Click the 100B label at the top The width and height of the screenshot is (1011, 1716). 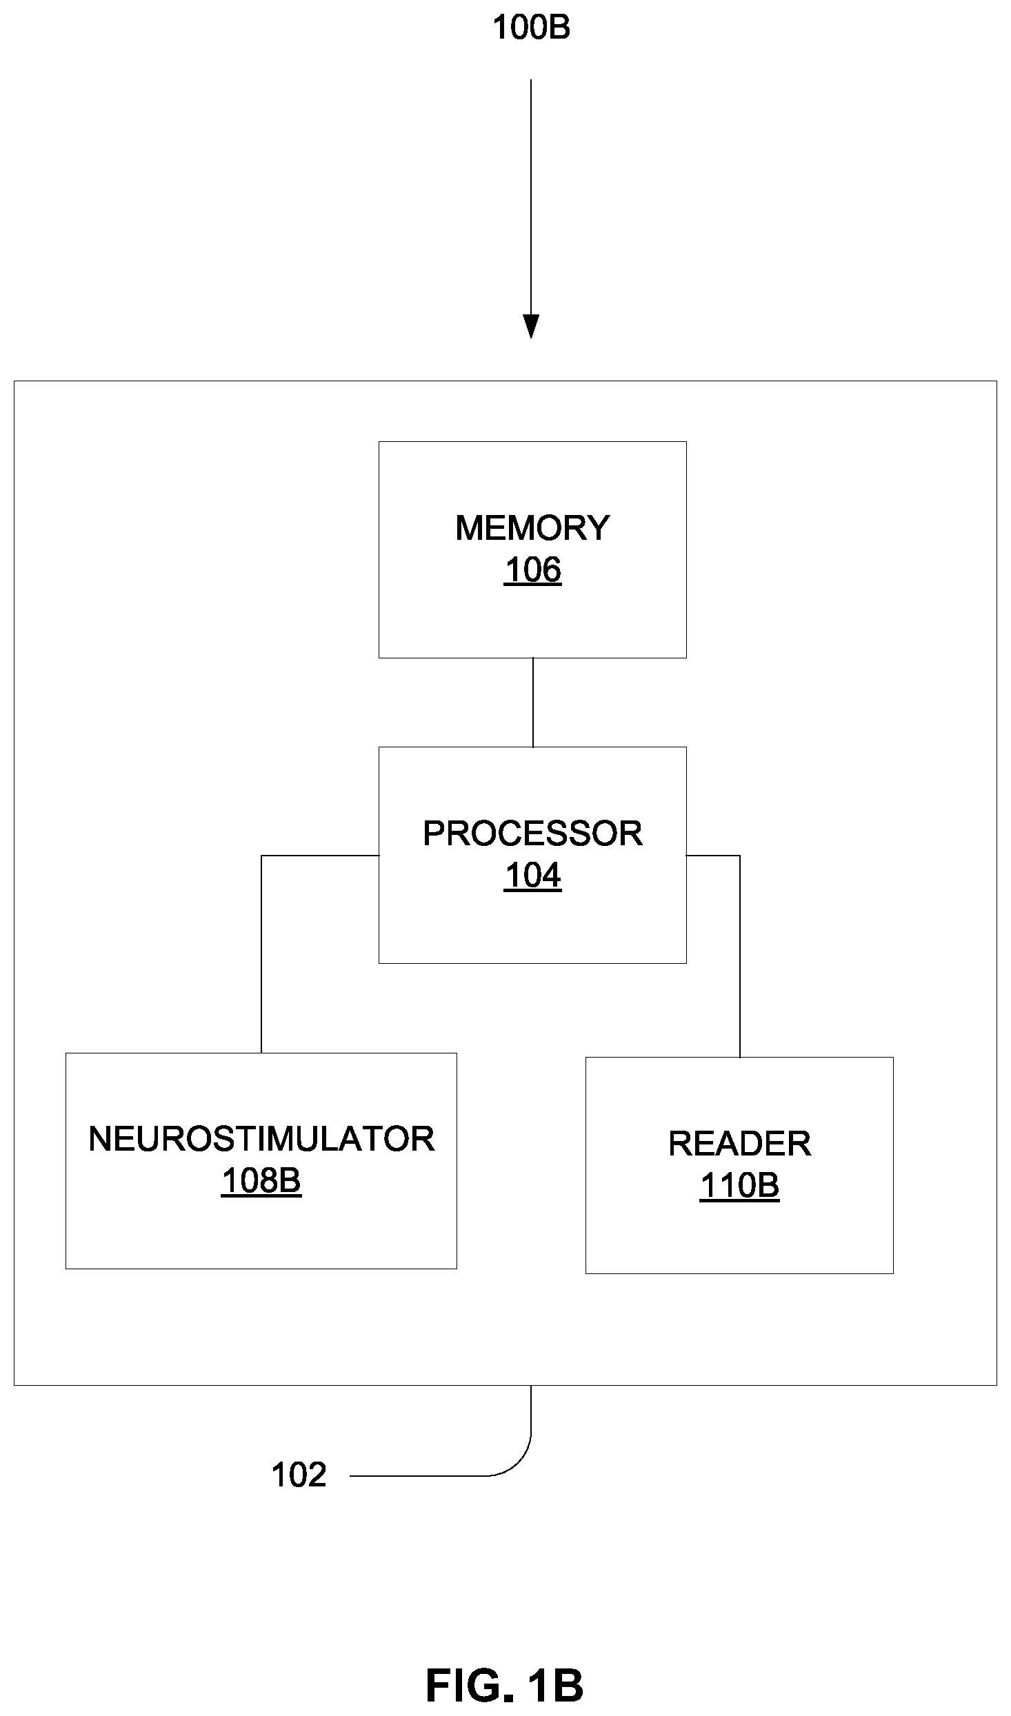[531, 28]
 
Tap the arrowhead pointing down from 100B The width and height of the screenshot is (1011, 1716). [531, 327]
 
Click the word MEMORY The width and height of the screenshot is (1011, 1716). [532, 528]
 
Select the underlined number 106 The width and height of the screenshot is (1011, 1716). [532, 572]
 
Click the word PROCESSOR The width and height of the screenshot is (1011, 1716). [532, 834]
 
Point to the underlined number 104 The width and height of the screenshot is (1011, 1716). [532, 877]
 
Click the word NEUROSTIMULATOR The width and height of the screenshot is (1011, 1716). [261, 1139]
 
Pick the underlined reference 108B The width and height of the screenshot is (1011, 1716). [261, 1182]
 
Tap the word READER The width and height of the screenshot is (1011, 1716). [739, 1144]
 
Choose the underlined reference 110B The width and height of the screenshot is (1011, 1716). [739, 1187]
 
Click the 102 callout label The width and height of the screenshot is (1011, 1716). [299, 1475]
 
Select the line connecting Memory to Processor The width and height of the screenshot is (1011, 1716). [533, 703]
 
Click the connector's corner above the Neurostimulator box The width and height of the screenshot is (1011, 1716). [261, 856]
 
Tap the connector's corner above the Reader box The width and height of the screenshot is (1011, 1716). [740, 856]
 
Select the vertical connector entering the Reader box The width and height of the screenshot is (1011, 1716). [740, 957]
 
